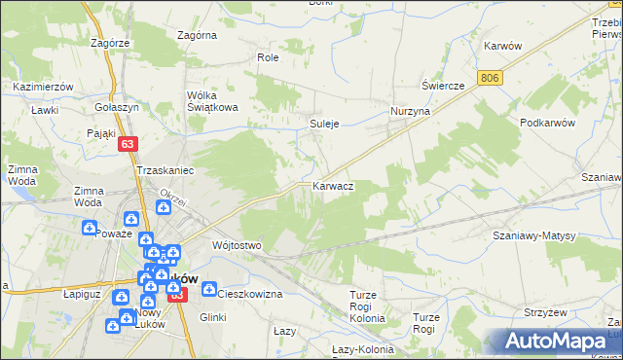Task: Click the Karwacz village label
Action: pyautogui.click(x=332, y=185)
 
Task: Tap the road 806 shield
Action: pyautogui.click(x=491, y=77)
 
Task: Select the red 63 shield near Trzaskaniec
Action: pyautogui.click(x=128, y=143)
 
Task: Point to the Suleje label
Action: pyautogui.click(x=324, y=125)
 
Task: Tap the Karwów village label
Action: pyautogui.click(x=503, y=46)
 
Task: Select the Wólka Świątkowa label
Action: pyautogui.click(x=212, y=101)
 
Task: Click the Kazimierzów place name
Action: pyautogui.click(x=44, y=87)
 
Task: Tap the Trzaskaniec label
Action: pyautogui.click(x=165, y=169)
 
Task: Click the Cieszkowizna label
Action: pyautogui.click(x=249, y=293)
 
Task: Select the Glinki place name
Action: pyautogui.click(x=212, y=317)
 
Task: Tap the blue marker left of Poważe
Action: pyautogui.click(x=89, y=229)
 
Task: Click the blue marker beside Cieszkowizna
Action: pyautogui.click(x=209, y=288)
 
